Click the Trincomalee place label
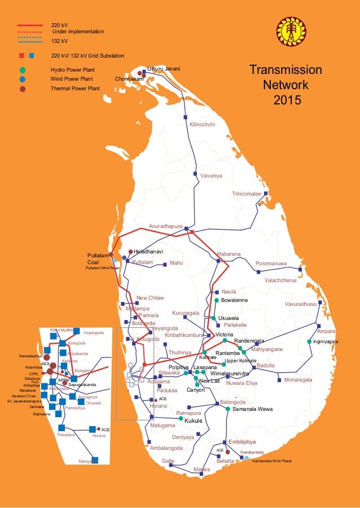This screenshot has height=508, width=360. click(x=247, y=194)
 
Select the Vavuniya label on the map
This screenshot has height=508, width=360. click(x=211, y=176)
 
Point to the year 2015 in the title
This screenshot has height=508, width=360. click(x=287, y=100)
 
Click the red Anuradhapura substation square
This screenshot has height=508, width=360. click(x=192, y=232)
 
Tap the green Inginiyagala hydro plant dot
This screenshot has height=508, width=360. click(x=309, y=341)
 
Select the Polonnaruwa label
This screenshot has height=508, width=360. click(x=271, y=264)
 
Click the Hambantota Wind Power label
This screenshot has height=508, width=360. click(x=272, y=461)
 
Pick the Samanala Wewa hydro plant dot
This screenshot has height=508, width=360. click(x=227, y=409)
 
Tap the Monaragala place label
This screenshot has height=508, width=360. click(x=298, y=380)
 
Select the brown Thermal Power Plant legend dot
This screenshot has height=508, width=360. click(x=22, y=89)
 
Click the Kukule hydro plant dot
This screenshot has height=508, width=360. click(x=181, y=419)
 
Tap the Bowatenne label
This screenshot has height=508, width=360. click(x=234, y=300)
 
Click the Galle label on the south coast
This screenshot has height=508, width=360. click(x=168, y=461)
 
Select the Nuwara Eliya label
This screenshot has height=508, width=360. click(x=242, y=383)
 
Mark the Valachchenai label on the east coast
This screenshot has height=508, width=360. click(x=280, y=280)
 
